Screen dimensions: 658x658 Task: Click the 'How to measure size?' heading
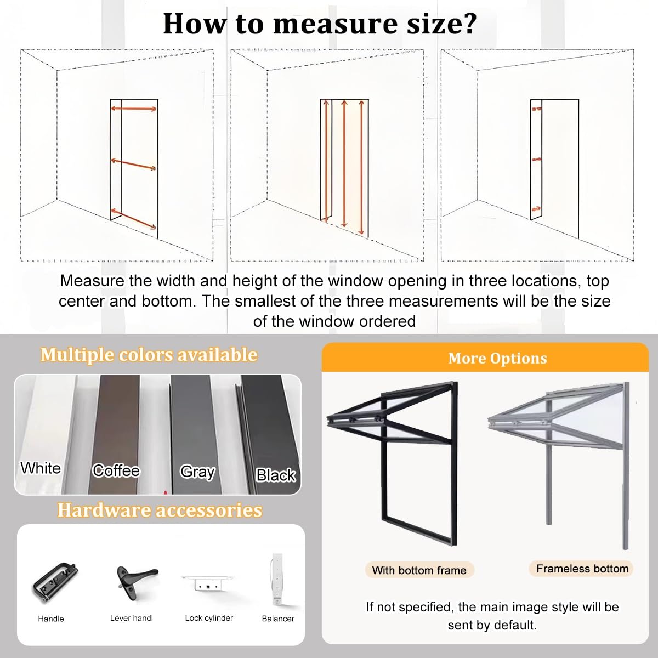(320, 24)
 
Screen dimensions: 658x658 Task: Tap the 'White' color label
(41, 468)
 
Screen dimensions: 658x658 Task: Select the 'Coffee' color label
(116, 470)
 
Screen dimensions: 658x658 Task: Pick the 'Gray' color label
(198, 472)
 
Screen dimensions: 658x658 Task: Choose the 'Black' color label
(276, 475)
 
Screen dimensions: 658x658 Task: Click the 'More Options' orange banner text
(497, 358)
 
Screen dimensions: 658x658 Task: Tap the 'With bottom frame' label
(419, 570)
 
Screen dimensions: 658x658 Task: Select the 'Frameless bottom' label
(582, 569)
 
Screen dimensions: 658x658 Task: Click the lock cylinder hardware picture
(208, 583)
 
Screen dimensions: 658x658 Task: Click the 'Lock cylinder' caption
(209, 618)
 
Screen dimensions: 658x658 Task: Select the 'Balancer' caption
(278, 619)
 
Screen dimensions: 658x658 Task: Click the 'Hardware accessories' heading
(160, 510)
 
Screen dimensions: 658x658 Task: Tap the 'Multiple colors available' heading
(149, 354)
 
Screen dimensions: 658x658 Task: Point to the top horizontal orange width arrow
(133, 109)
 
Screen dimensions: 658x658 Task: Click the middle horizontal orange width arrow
(133, 164)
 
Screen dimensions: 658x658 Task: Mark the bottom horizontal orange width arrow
(133, 219)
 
